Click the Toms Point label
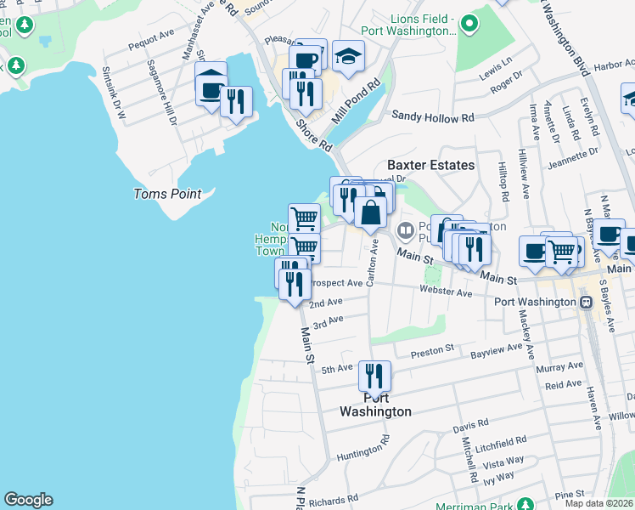(x=167, y=194)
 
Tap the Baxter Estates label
(x=430, y=165)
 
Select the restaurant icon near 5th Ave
(x=374, y=375)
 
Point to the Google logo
(x=28, y=500)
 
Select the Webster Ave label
(x=446, y=292)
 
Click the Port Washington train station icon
(x=586, y=303)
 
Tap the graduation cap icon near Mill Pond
(x=348, y=56)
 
